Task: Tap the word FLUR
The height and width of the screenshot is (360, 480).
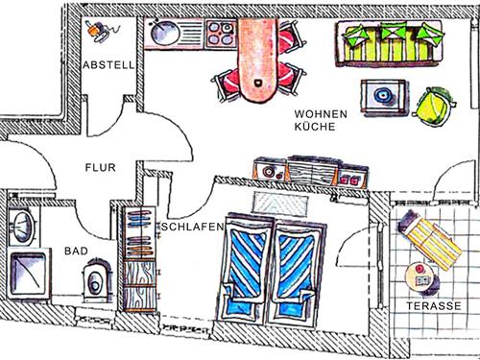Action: pyautogui.click(x=100, y=166)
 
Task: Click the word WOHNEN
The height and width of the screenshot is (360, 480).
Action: pyautogui.click(x=322, y=114)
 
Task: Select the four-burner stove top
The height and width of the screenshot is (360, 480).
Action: pyautogui.click(x=219, y=36)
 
